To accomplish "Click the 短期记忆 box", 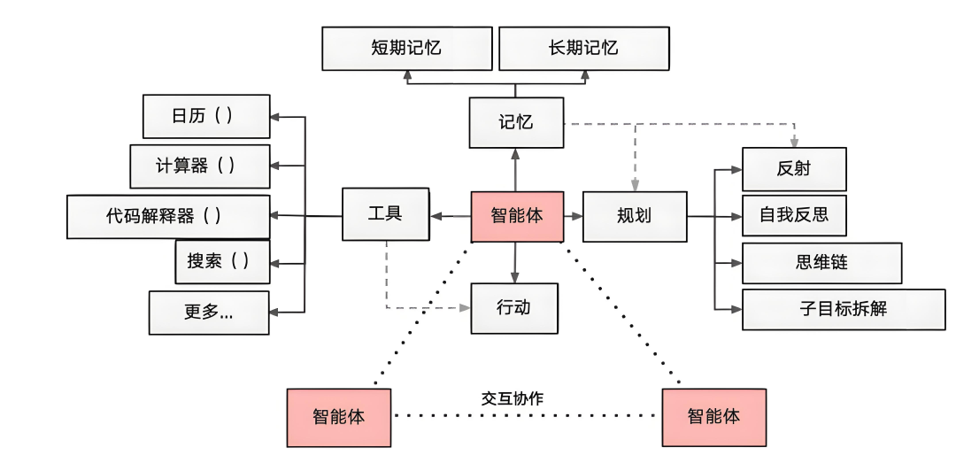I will coord(405,49).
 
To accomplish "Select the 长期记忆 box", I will coord(583,49).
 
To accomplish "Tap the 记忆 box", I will coord(516,122).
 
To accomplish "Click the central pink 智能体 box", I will coord(517,216).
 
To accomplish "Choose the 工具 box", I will coord(385,214).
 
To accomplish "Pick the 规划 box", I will coord(634,216).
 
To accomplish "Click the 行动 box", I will coord(514,308).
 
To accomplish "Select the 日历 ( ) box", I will coord(206,116).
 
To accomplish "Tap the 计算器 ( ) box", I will coord(199,166).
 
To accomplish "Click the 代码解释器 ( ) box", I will coord(168,216).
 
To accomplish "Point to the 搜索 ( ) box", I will coord(222,261).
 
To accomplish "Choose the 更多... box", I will coord(209,313).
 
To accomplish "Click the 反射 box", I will coord(793,169).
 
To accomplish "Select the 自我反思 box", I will coord(793,215).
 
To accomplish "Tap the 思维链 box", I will coord(821,263).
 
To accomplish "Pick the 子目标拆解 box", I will coord(843,309).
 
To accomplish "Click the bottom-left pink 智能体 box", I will coord(338,416).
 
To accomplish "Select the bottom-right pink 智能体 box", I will coord(713,416).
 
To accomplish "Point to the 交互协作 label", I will coord(513,398).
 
